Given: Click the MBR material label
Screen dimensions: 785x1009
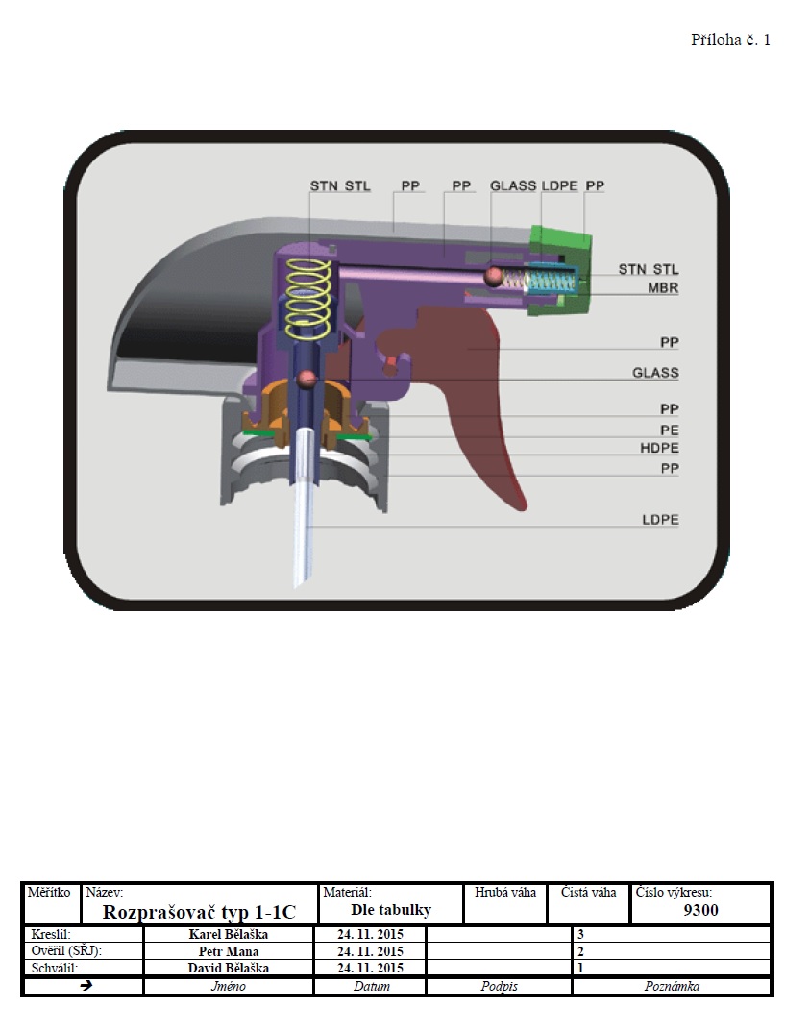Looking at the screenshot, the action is click(x=663, y=287).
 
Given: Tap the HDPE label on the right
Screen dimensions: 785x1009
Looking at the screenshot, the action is click(x=659, y=447).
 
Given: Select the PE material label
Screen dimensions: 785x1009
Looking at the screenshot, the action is click(x=669, y=430).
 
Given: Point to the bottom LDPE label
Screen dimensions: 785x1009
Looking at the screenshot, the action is click(x=660, y=519).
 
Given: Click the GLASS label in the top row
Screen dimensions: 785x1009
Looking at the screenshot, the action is click(x=513, y=186).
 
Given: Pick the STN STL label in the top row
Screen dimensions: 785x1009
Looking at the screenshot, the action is click(x=340, y=186).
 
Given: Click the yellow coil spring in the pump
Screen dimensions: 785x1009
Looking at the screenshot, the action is click(x=308, y=298).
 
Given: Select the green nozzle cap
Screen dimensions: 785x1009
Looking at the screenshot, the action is click(x=558, y=270).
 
